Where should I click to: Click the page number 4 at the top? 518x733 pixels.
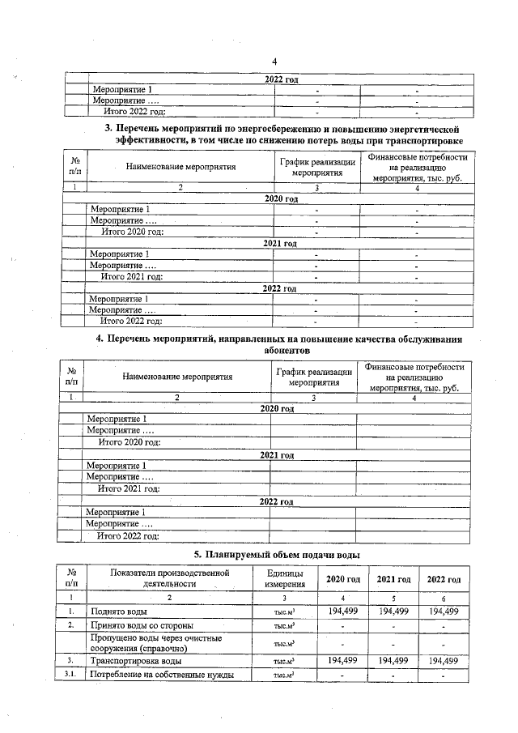tap(274, 62)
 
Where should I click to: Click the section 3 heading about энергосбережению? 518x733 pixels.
tap(282, 134)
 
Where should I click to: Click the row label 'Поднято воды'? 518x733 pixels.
tap(119, 612)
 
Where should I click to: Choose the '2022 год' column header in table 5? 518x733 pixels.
tap(444, 579)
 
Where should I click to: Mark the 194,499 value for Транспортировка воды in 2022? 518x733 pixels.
tap(444, 661)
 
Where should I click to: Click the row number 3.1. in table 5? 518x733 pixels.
tap(73, 675)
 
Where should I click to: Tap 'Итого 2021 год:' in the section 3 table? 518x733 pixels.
tap(132, 276)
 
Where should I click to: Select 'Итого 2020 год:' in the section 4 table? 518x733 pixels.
tap(129, 442)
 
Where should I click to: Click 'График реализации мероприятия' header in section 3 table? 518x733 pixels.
tap(317, 168)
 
